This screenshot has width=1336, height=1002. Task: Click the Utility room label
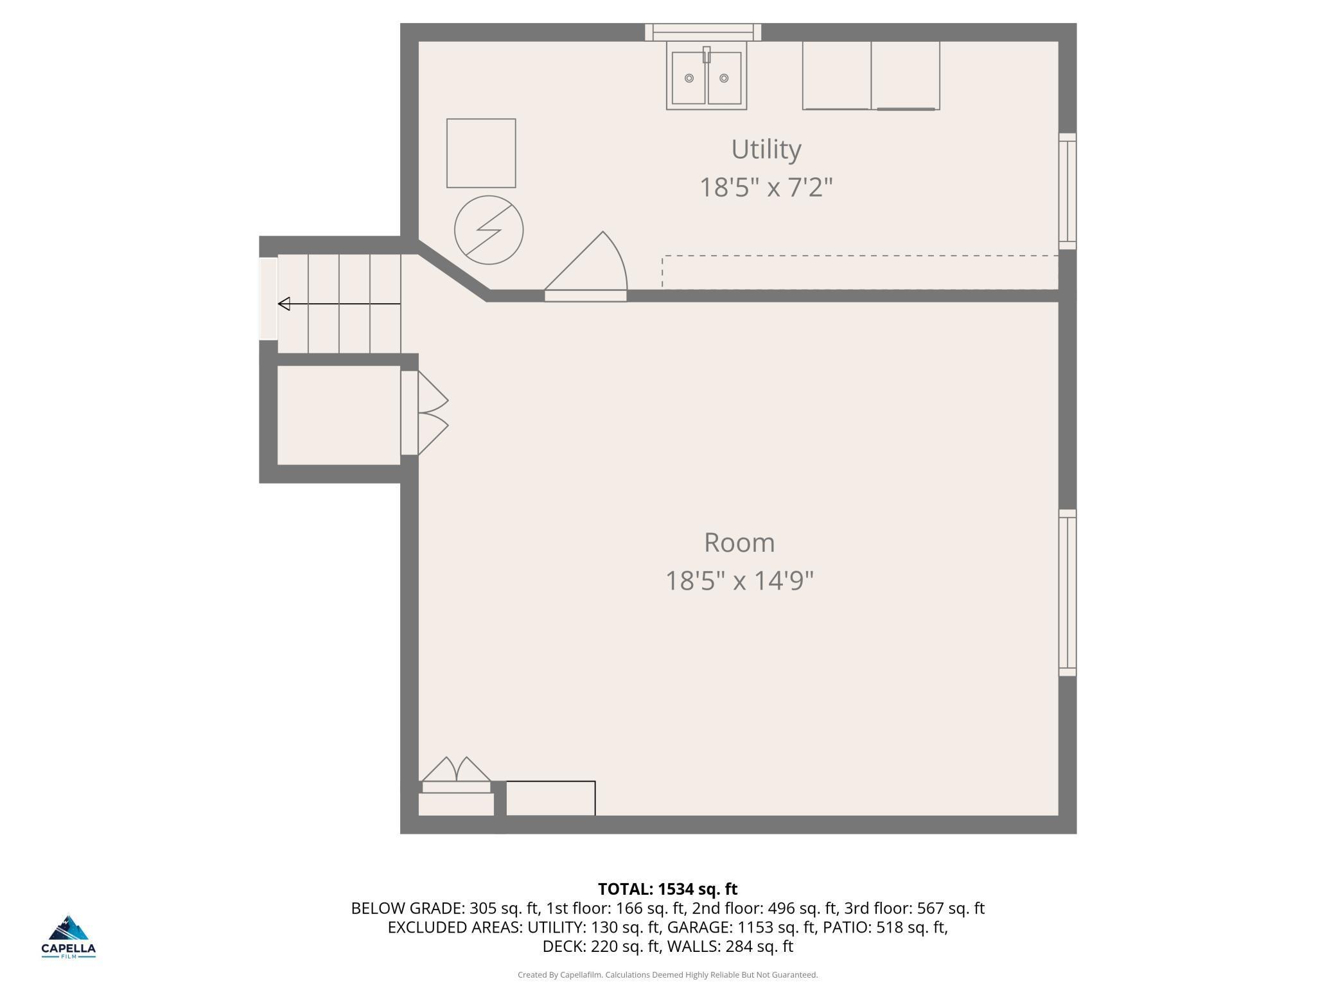click(x=766, y=150)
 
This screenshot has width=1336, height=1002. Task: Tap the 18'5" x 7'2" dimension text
click(x=766, y=188)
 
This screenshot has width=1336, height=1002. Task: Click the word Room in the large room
click(x=739, y=543)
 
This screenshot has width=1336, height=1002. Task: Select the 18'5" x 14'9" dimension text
click(x=739, y=581)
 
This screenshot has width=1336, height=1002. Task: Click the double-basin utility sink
click(x=707, y=76)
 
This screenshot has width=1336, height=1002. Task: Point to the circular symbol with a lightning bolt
click(x=489, y=230)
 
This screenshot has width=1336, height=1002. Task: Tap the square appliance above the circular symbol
click(x=481, y=153)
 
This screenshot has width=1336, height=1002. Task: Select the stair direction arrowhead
click(x=284, y=304)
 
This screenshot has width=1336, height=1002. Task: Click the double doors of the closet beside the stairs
click(x=425, y=413)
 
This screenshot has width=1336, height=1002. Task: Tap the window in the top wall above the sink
click(x=703, y=32)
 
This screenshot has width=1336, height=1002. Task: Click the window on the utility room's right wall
click(x=1068, y=191)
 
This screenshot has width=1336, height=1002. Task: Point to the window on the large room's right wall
click(x=1068, y=593)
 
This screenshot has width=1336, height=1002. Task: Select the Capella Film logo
click(x=69, y=936)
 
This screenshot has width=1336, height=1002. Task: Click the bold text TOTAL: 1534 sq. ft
click(x=668, y=889)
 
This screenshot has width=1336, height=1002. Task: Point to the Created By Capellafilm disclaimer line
click(x=668, y=975)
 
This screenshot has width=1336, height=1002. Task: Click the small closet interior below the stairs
click(x=338, y=415)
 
